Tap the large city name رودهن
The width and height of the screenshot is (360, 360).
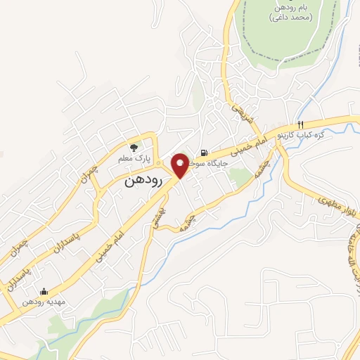pyautogui.click(x=145, y=181)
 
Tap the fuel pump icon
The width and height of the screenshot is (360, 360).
pyautogui.click(x=204, y=153)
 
